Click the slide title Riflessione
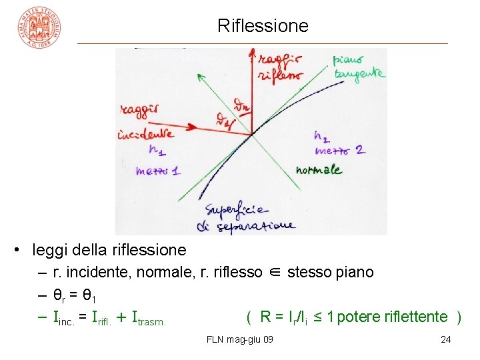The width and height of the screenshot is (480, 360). coord(263,26)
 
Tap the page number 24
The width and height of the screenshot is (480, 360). coord(446,340)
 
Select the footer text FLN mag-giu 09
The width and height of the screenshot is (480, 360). coord(240,340)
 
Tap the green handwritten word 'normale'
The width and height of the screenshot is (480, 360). coord(319,170)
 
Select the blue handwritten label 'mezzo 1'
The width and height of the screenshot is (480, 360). coord(157,171)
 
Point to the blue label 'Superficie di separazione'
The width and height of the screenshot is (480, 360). coord(249,216)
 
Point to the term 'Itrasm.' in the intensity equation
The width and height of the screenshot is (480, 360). coord(149,318)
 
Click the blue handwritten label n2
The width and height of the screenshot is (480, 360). coord(321,137)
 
